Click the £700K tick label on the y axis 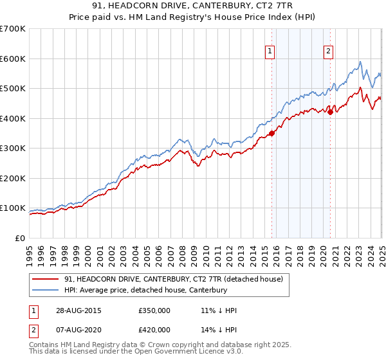(13, 29)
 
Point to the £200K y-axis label (13, 178)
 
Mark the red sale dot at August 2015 (271, 133)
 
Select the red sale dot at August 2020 (330, 112)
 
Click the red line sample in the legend (46, 280)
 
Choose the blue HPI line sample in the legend (46, 291)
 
